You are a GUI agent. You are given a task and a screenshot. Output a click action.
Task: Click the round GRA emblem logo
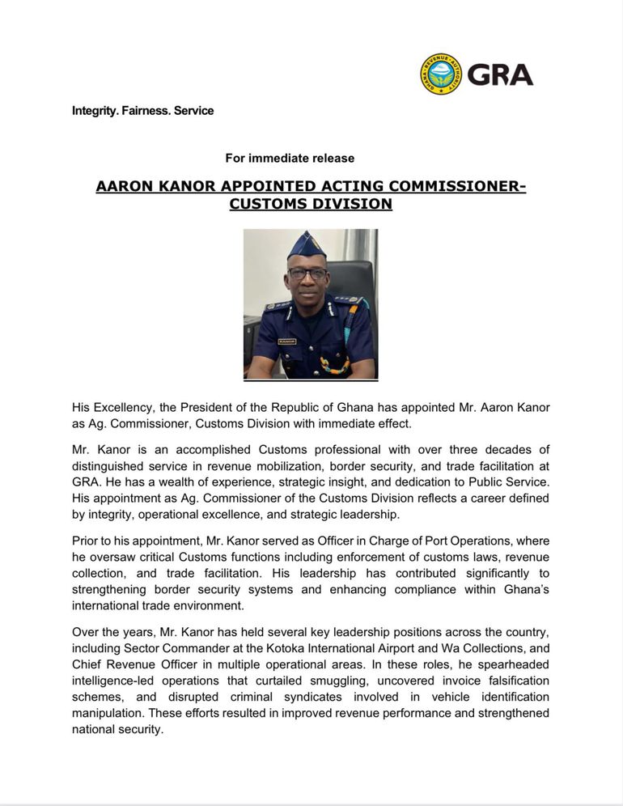click(x=441, y=74)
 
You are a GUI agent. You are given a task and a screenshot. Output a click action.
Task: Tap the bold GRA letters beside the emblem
click(x=500, y=74)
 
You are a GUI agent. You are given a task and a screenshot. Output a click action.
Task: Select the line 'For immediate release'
click(x=290, y=158)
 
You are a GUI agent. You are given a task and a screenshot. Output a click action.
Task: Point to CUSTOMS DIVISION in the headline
click(x=311, y=204)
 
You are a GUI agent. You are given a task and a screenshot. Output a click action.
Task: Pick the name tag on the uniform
click(x=286, y=341)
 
